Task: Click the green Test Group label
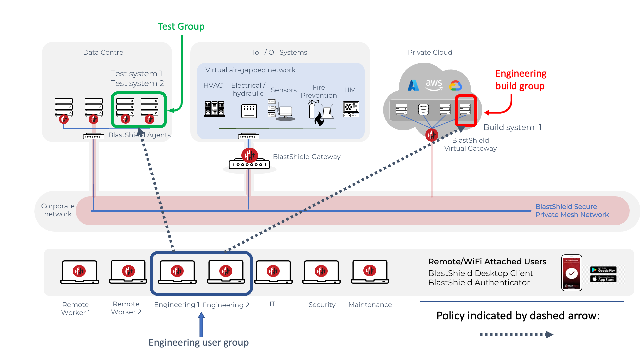coord(181,26)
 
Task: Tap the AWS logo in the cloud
coord(434,85)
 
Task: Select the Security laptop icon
coord(321,272)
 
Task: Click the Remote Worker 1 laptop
coord(79,272)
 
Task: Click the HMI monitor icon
coord(351,109)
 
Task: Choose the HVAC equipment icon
coord(214,109)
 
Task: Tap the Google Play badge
coord(603,270)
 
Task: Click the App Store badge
coord(603,279)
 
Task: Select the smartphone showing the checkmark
coord(572,273)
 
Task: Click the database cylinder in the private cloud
coord(423,109)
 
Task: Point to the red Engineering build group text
coord(521,80)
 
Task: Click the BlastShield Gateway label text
coord(306,157)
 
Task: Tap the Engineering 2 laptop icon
coord(226,272)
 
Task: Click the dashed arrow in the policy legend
coord(516,335)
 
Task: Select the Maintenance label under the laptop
coord(370,305)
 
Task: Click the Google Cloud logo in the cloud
coord(455,86)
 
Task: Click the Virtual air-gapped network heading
coord(250,70)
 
